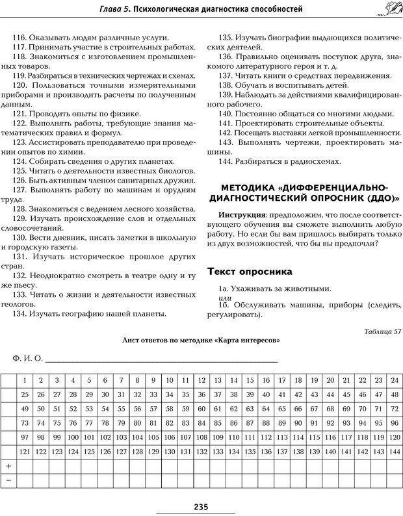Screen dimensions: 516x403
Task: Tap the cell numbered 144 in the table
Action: [394, 452]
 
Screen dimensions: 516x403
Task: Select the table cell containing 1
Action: [25, 380]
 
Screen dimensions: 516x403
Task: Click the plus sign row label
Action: [8, 466]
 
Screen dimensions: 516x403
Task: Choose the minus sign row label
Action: [8, 480]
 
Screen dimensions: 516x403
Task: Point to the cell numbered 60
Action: [201, 409]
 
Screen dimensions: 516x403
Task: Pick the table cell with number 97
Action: [25, 437]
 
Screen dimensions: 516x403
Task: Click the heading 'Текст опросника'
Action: [249, 271]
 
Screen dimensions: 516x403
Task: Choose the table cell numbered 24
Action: [394, 380]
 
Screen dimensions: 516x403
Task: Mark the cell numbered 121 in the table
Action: [25, 452]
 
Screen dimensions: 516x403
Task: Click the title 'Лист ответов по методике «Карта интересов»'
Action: [201, 340]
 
